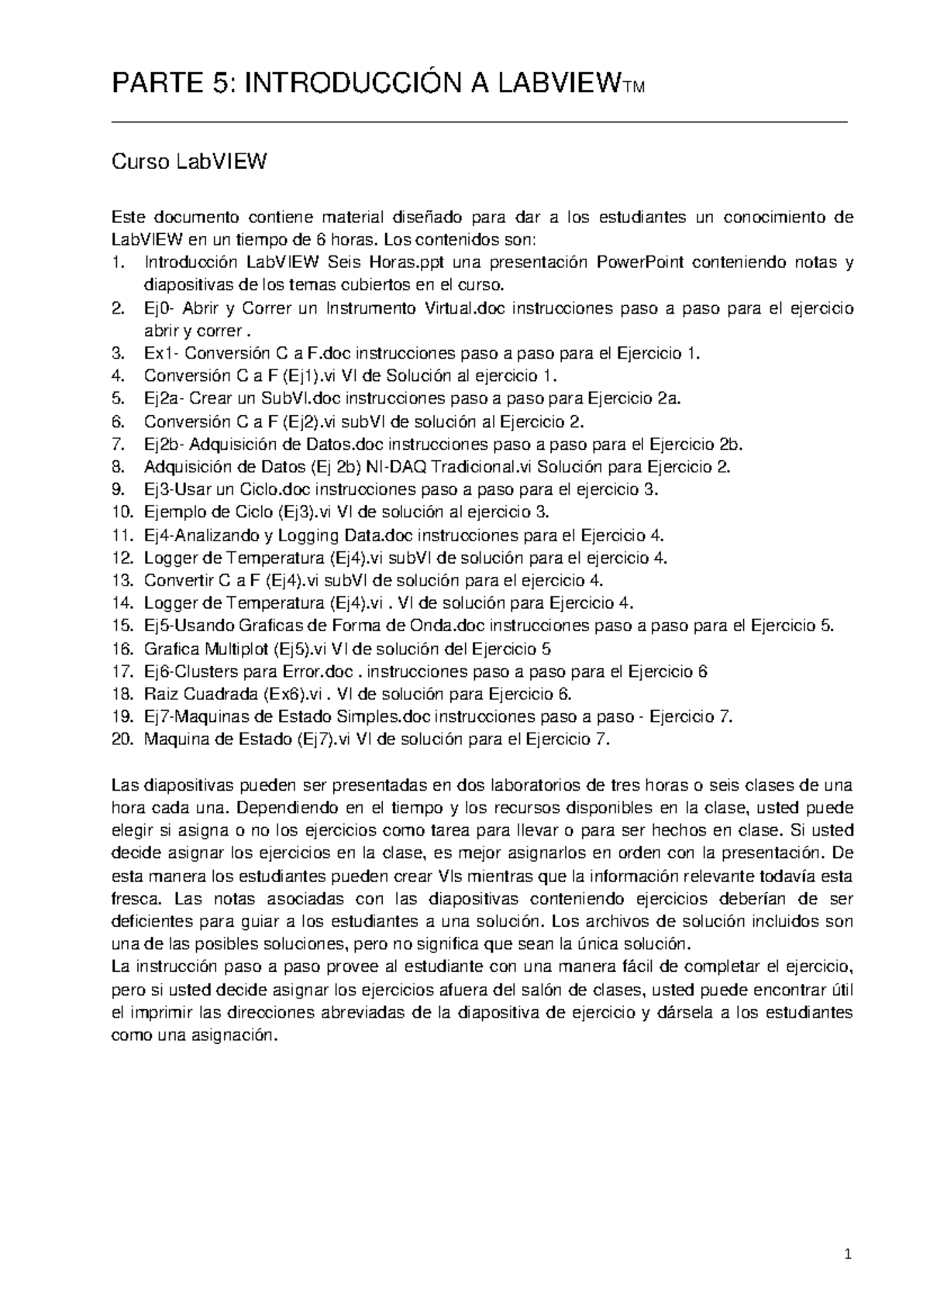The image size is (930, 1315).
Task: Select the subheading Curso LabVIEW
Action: (x=190, y=163)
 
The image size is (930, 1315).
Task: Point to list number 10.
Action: (x=123, y=513)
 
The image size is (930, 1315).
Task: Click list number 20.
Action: (x=123, y=740)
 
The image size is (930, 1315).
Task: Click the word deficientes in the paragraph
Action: (x=153, y=922)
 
